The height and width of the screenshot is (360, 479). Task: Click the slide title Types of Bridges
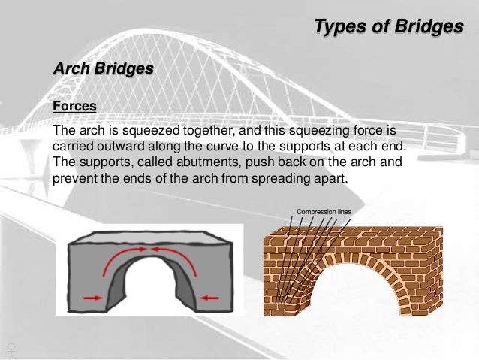[388, 27]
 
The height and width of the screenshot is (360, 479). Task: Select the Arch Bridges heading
[104, 68]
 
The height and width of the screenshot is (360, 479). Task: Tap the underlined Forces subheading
[74, 106]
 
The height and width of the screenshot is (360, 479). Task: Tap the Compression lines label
[323, 211]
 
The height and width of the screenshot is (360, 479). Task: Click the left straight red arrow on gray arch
[94, 298]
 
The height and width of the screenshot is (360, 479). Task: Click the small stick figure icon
[11, 349]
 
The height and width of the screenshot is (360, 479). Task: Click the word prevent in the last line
[74, 179]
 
